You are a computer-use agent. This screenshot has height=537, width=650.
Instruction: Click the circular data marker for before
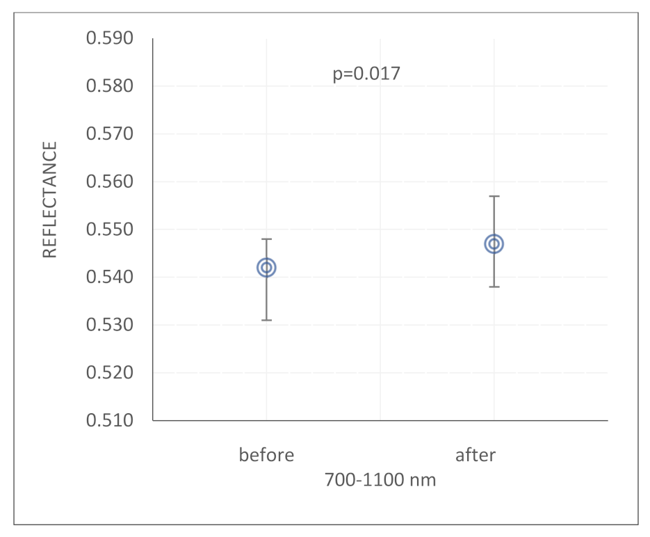point(266,268)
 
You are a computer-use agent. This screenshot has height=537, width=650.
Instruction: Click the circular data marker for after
point(494,244)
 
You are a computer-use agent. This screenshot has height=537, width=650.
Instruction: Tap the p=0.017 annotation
point(366,74)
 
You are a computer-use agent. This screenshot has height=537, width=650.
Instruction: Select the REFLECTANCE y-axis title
point(50,200)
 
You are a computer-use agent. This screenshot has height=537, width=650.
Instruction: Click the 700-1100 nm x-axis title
point(380,479)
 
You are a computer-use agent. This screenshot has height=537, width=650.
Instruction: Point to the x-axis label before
point(266,456)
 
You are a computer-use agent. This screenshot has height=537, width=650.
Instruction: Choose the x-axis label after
point(476,456)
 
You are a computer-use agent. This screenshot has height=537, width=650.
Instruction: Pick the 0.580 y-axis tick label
point(109,86)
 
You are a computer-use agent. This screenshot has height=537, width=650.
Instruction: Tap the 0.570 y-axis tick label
point(109,134)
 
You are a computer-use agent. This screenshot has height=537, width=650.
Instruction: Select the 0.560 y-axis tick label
point(109,182)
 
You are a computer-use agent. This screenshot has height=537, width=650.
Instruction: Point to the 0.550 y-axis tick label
point(109,230)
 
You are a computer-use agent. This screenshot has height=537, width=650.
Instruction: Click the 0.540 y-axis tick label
point(109,278)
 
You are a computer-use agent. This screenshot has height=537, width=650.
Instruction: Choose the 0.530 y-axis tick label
point(109,325)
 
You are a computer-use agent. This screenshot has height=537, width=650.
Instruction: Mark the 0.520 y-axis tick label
point(109,373)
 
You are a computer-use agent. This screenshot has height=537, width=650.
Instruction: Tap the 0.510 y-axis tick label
point(109,421)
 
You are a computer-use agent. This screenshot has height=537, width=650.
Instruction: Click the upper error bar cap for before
point(266,239)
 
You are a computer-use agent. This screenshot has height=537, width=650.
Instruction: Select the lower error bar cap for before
point(266,320)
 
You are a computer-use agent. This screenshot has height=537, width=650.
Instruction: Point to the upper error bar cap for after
point(494,196)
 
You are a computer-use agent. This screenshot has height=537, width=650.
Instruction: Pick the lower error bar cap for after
point(494,287)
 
